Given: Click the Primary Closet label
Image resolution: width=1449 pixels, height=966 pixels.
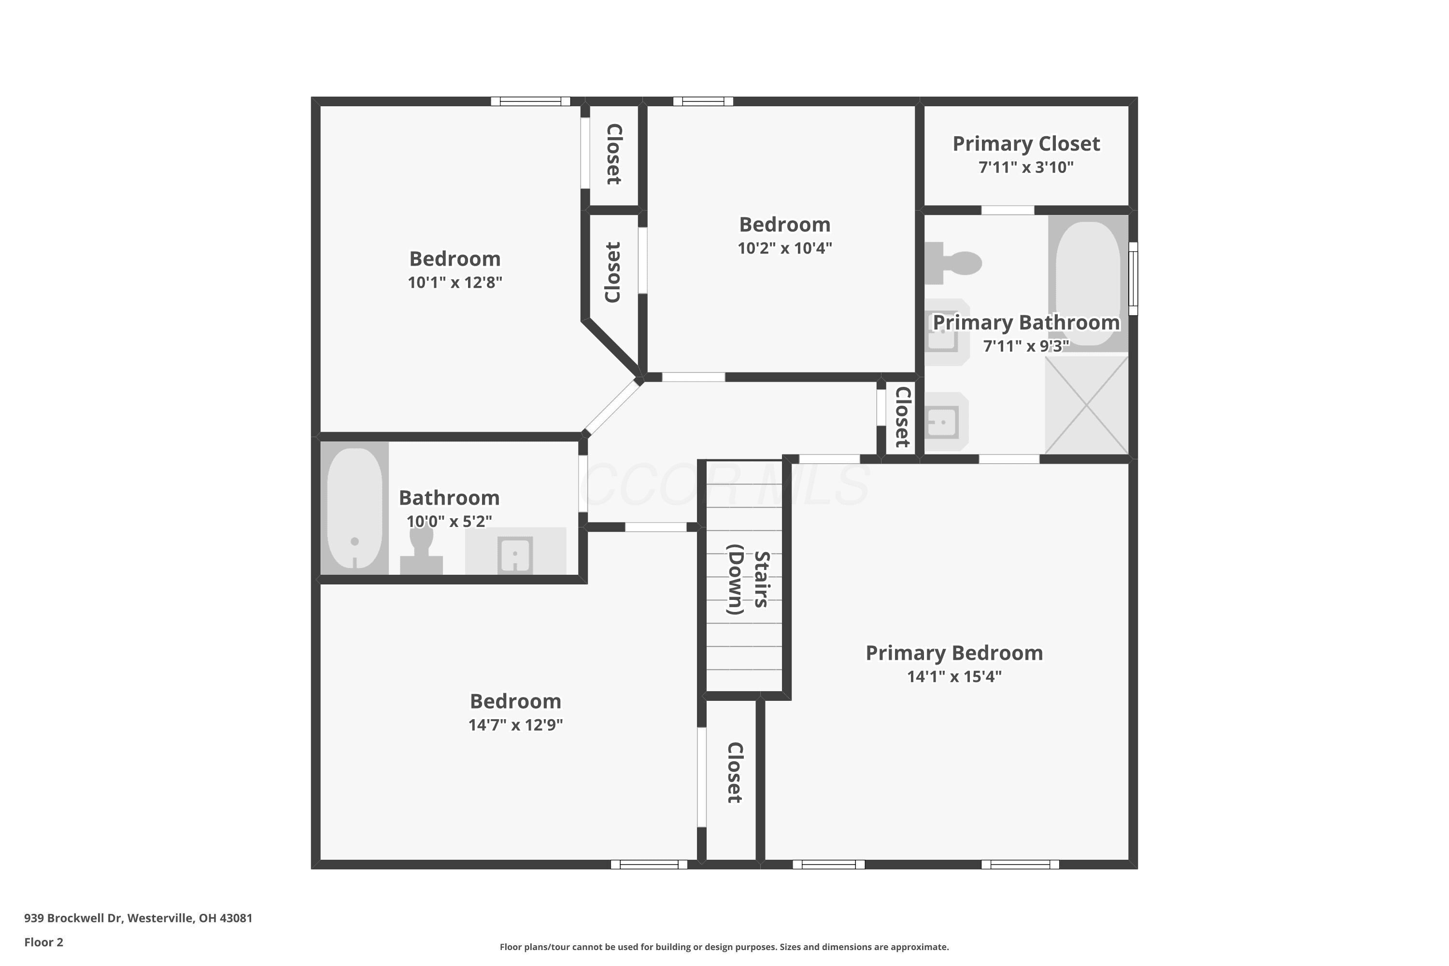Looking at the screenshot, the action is point(1026,143).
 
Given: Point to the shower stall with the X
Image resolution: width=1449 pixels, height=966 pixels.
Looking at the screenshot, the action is point(1087,405).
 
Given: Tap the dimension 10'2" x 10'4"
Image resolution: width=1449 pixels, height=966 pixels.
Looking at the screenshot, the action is point(785,248).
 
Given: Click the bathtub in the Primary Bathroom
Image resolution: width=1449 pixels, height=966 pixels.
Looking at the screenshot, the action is point(1088,284).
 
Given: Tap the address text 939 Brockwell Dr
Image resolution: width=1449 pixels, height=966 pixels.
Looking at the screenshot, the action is point(73,918).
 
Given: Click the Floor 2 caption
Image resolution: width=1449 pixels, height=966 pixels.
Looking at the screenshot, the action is point(44,942).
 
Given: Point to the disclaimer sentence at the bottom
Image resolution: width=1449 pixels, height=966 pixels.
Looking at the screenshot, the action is point(724,947).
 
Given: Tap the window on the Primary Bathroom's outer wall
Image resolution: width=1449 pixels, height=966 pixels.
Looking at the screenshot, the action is point(1133,279).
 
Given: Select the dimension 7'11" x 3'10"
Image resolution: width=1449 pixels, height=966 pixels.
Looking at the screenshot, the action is point(1026,168).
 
